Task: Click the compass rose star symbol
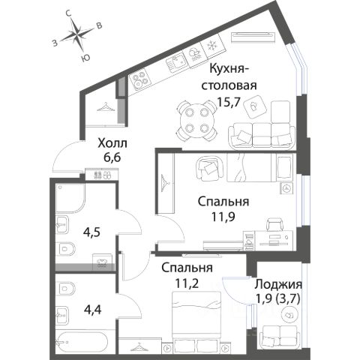[76, 34]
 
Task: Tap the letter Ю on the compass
[85, 58]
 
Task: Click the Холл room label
[112, 143]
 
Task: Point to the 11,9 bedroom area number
[223, 217]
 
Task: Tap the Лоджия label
[278, 284]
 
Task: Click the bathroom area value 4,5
[91, 232]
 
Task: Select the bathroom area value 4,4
[92, 310]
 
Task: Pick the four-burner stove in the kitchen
[140, 79]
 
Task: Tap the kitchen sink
[176, 61]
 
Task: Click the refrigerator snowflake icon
[212, 46]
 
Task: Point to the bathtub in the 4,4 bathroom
[82, 342]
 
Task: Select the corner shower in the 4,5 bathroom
[70, 198]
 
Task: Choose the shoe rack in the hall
[101, 174]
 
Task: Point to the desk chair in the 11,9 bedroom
[275, 224]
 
